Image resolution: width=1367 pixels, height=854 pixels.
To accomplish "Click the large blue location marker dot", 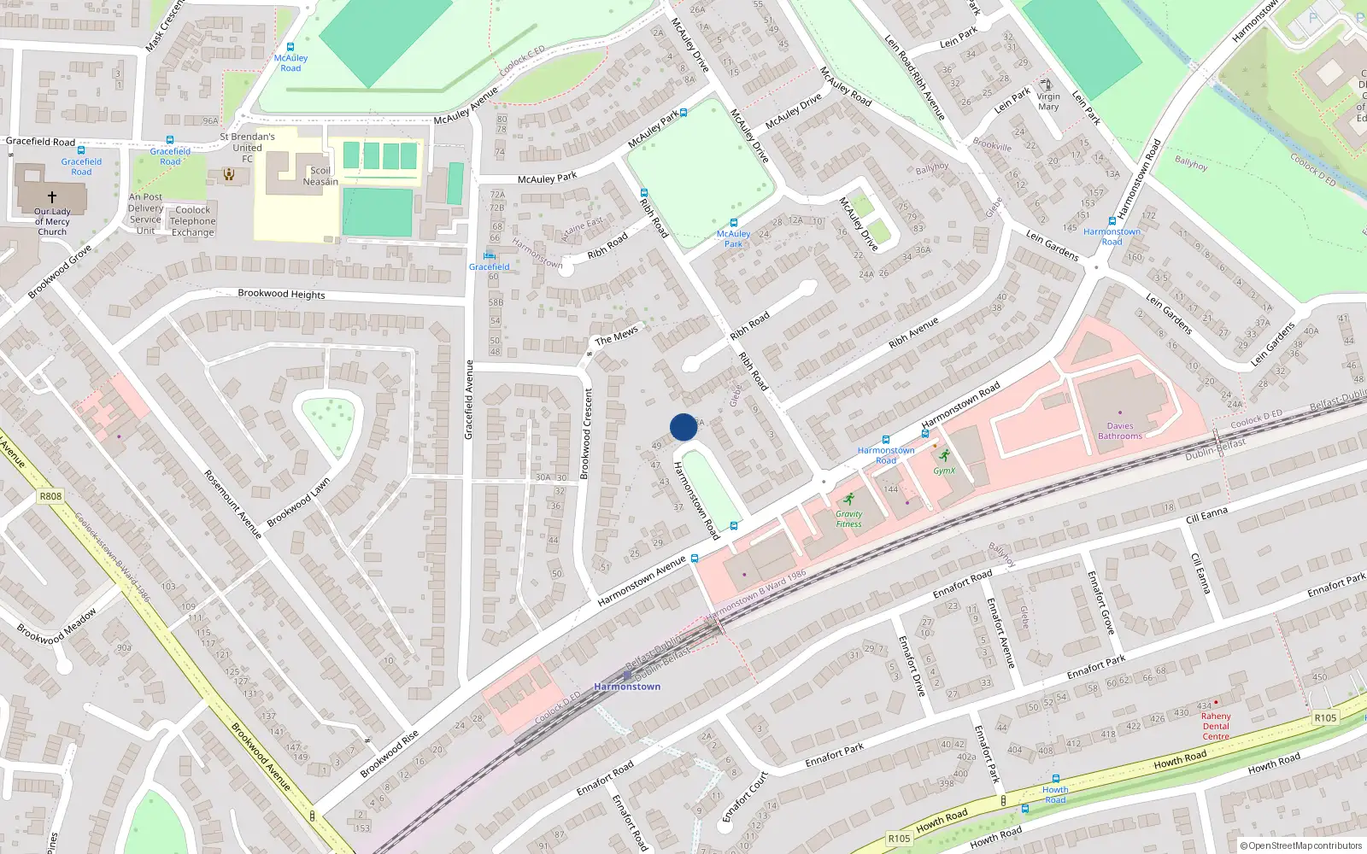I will coord(683,427).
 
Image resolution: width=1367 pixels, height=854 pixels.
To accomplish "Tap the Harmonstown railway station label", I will coord(627,687).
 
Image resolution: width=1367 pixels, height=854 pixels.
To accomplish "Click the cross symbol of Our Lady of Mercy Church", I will coord(51,196).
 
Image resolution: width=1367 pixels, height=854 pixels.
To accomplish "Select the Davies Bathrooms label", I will coord(1119,431).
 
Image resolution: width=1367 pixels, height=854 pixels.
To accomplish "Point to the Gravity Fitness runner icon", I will coord(848,499).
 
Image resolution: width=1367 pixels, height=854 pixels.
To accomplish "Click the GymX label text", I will coord(944,471).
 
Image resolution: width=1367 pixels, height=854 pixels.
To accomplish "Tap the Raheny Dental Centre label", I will coord(1216,726).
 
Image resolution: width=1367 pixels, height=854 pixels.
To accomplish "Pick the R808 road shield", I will coord(50,496).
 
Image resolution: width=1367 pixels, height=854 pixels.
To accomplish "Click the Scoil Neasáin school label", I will coord(320,176).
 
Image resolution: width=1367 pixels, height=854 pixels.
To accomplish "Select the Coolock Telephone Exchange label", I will coord(192,221).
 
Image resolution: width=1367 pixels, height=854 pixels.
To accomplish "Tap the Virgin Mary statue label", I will coord(1048,102).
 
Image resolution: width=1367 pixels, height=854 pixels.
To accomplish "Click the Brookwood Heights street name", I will coord(281,294).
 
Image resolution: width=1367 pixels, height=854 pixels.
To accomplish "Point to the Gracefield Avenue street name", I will coord(468,400).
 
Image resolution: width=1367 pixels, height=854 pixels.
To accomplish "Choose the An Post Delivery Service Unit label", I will coord(145,213).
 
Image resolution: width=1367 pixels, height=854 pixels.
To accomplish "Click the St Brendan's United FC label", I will coord(247,147).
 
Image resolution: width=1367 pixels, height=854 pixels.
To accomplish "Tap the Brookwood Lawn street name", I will coord(298,503).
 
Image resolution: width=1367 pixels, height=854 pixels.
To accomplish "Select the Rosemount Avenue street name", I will coord(232,504).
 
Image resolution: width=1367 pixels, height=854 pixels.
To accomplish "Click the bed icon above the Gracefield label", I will coord(489,255).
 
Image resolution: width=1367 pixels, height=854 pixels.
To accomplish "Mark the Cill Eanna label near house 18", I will coord(1206,515).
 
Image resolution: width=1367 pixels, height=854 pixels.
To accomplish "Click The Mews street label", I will coord(616,336).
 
